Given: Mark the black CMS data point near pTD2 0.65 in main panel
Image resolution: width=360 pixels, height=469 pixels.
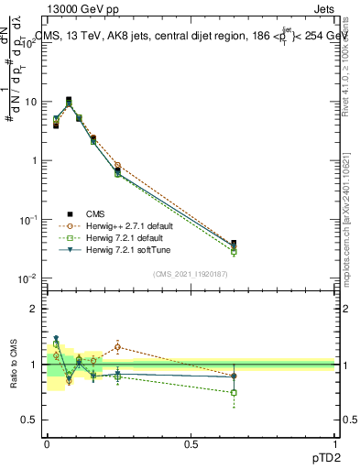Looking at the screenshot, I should pyautogui.click(x=235, y=244).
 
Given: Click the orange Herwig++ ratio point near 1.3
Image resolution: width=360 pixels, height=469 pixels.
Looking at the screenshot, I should pyautogui.click(x=118, y=346).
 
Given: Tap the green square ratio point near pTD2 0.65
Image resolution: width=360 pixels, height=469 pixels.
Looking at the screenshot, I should pyautogui.click(x=235, y=392).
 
